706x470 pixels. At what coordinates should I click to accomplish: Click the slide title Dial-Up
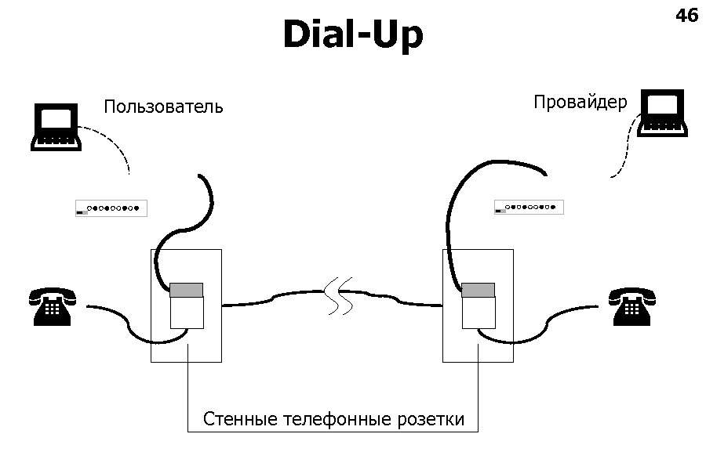tap(352, 35)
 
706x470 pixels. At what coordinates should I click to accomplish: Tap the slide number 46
tap(686, 15)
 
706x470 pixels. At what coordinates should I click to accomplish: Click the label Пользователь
tap(163, 107)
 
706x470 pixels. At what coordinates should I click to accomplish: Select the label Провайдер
tap(580, 102)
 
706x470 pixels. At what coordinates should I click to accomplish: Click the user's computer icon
tap(55, 127)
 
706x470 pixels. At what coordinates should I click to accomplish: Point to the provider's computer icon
tap(664, 114)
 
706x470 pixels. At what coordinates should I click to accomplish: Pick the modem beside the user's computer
tap(111, 208)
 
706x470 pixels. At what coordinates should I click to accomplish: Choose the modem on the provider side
tap(529, 208)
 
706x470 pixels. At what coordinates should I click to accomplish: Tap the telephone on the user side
tap(52, 306)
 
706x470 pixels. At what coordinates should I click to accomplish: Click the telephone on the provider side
tap(632, 306)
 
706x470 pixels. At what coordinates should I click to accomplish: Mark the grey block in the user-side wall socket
tap(187, 289)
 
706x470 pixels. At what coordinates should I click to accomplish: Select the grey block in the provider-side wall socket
tap(479, 290)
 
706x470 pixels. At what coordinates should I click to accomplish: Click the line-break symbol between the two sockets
tap(340, 295)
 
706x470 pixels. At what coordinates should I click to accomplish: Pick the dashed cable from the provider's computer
tap(624, 149)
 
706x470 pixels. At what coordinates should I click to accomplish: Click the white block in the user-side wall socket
tap(187, 312)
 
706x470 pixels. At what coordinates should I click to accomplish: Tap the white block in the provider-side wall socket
tap(479, 313)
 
